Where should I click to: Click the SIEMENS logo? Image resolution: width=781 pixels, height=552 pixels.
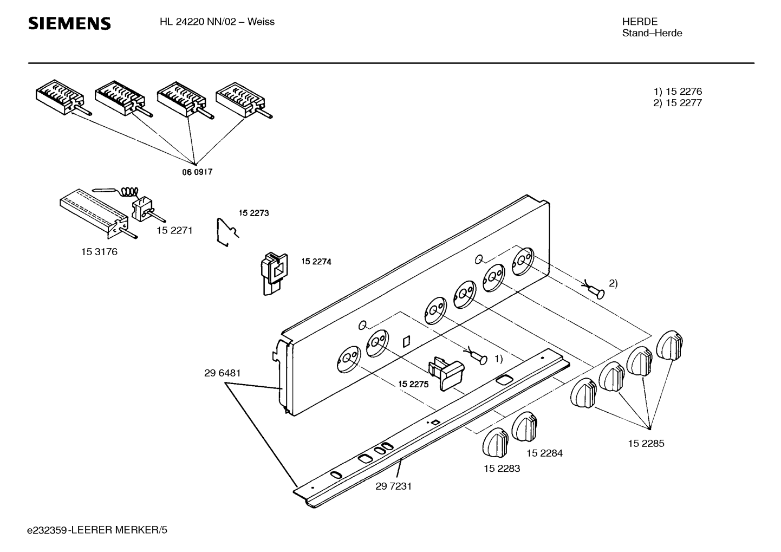click(x=69, y=23)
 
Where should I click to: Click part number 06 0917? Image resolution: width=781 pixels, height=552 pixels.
click(x=197, y=172)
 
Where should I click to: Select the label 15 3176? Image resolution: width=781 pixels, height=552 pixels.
click(x=99, y=251)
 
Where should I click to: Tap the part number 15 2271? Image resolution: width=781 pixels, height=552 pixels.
click(x=174, y=230)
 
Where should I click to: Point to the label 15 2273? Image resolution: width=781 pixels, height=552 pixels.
click(x=254, y=213)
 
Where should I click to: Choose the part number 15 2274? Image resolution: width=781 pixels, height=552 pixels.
click(x=316, y=262)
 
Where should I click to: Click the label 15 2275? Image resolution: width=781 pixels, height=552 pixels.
click(x=413, y=384)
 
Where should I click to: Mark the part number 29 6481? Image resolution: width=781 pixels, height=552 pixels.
click(x=223, y=373)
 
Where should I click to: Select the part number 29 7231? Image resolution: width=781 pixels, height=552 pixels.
click(x=394, y=486)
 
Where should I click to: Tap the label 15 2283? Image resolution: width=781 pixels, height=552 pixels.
click(x=502, y=469)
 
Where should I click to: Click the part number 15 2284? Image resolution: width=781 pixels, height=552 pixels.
click(x=545, y=453)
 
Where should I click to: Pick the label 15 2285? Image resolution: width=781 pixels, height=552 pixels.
click(x=647, y=443)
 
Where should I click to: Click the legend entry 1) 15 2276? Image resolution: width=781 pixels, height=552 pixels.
click(x=678, y=92)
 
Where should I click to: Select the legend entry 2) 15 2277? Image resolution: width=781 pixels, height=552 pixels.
click(x=678, y=103)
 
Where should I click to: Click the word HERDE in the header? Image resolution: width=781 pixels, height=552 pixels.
click(x=640, y=22)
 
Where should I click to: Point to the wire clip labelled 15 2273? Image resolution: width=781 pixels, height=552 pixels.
click(x=228, y=232)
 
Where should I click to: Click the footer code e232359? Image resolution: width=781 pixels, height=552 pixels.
click(x=47, y=530)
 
